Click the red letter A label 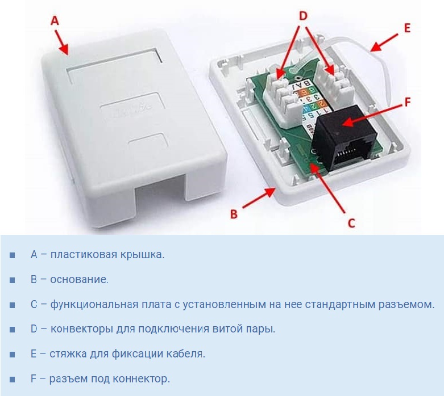[x=55, y=20]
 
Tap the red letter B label [x=234, y=214]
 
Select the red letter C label [x=351, y=224]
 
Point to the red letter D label [x=303, y=16]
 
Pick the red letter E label [x=407, y=28]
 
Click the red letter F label [x=408, y=102]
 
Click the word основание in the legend [x=79, y=280]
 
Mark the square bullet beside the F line [x=12, y=380]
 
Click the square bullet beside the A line [x=12, y=255]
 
